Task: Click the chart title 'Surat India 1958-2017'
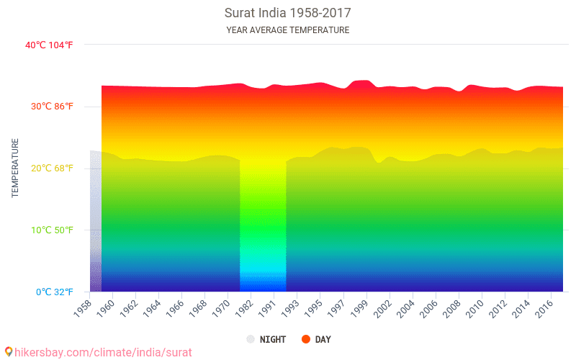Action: click(x=288, y=13)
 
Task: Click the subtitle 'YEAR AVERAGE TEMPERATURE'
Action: click(x=288, y=30)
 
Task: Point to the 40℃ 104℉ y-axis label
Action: click(x=49, y=45)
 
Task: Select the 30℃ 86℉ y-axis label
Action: click(x=52, y=107)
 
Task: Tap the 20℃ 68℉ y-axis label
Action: click(x=52, y=168)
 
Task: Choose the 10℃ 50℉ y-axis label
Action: click(x=52, y=230)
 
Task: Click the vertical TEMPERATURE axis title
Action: click(x=15, y=168)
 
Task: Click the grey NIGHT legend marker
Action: click(x=251, y=339)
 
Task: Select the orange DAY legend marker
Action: click(x=305, y=339)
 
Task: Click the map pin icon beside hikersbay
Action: click(x=9, y=352)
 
